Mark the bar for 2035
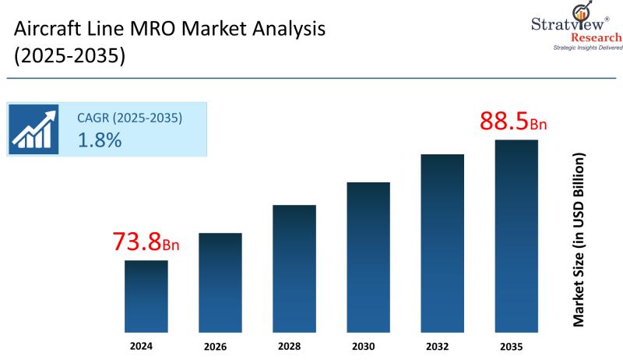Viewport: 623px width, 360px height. [516, 233]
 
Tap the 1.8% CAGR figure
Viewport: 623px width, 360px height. [99, 140]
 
